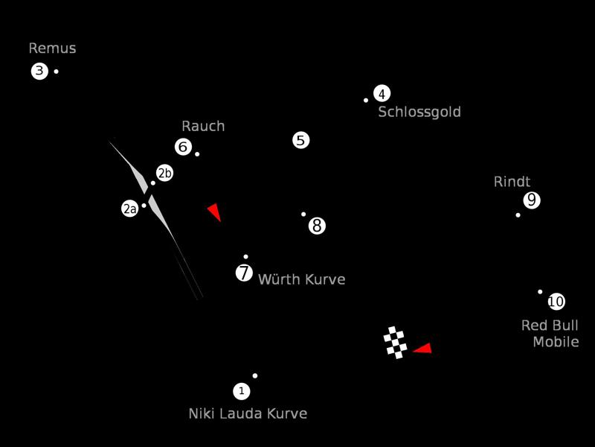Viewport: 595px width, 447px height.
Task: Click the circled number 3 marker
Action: (39, 72)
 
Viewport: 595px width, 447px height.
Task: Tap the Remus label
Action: (52, 48)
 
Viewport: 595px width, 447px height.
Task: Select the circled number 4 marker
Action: (382, 93)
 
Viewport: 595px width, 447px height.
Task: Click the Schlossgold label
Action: (419, 112)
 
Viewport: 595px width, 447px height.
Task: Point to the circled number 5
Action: (300, 140)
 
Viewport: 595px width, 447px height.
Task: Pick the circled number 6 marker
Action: (183, 147)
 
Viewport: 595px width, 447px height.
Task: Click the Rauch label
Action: (203, 126)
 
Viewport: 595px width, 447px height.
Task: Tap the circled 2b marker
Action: (164, 173)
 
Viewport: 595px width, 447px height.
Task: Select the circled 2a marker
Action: (129, 209)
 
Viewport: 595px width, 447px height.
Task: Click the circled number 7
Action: (244, 273)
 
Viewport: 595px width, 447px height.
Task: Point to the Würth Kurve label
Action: (301, 279)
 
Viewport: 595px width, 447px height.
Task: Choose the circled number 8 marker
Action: (317, 225)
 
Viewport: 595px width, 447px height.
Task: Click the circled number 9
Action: (531, 200)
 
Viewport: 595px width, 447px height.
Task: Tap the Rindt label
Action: (512, 182)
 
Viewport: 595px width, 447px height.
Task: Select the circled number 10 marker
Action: (556, 302)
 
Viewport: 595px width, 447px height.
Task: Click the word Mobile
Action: (556, 342)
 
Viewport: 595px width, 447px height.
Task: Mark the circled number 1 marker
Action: (241, 390)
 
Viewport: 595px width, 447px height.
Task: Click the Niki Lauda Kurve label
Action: (248, 413)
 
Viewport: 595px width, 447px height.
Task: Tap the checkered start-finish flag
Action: (395, 343)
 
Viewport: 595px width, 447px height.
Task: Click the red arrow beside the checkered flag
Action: (423, 348)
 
